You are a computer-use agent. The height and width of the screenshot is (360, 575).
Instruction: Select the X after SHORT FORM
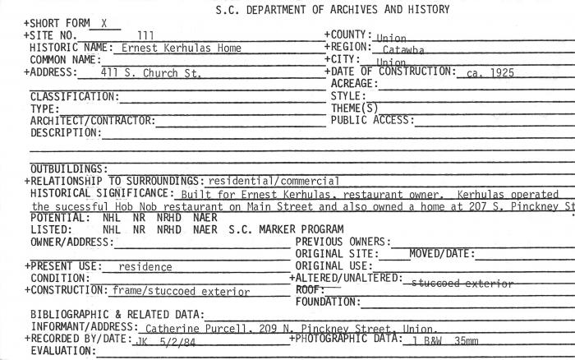104,24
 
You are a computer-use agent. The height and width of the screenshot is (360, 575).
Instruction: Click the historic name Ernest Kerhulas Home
182,48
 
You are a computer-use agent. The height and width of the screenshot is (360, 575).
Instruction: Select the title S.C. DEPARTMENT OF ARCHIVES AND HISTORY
332,10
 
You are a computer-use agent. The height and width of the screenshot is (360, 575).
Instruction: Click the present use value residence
145,267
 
